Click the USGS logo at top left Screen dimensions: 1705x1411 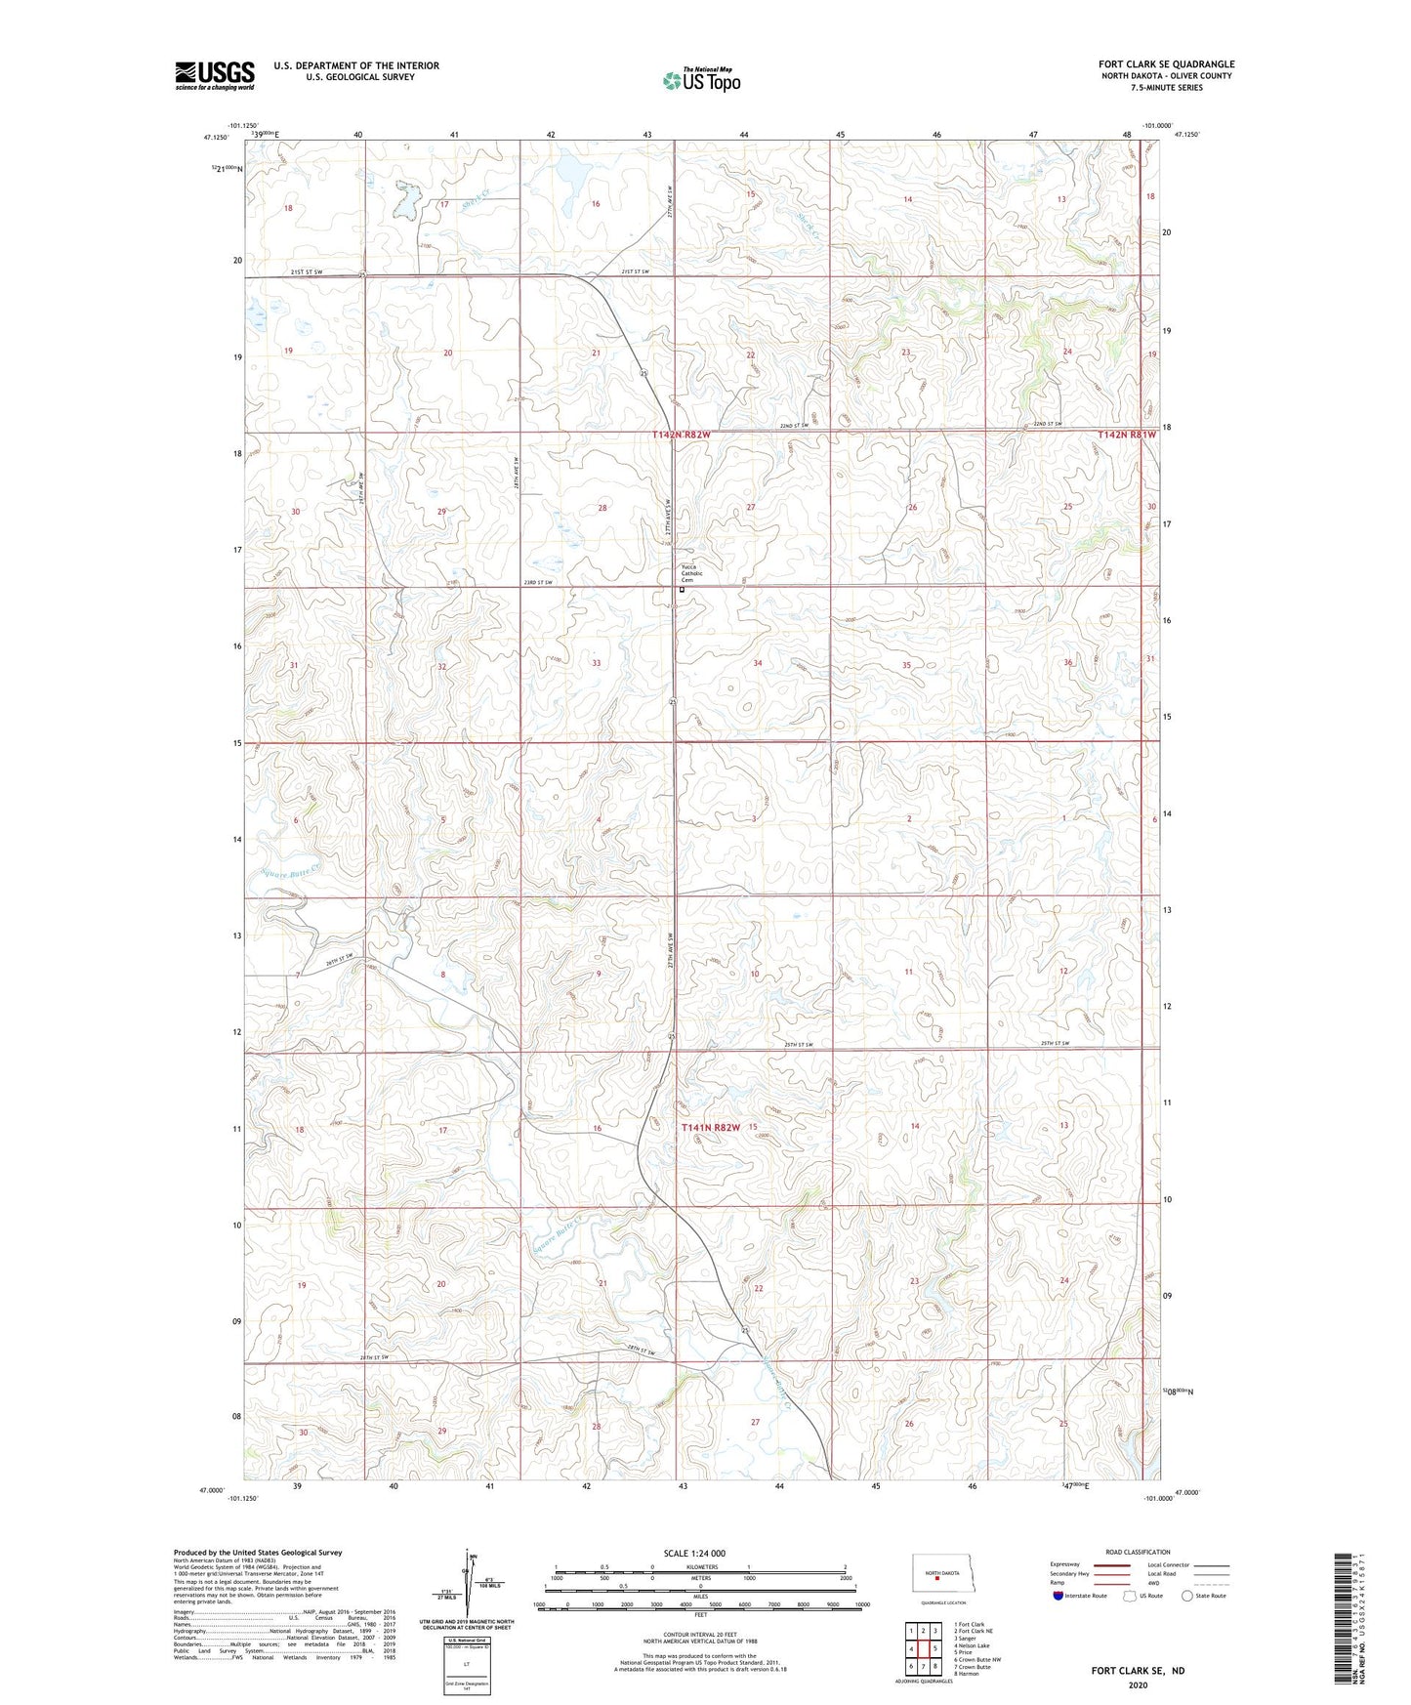pyautogui.click(x=214, y=75)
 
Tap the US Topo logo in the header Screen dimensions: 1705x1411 pyautogui.click(x=701, y=80)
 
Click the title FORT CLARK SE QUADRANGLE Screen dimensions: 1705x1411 pyautogui.click(x=1166, y=64)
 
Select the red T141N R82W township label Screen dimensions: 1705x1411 pyautogui.click(x=710, y=1127)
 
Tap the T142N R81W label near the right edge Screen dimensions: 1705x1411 pyautogui.click(x=1126, y=434)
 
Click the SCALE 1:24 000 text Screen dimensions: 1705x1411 pyautogui.click(x=692, y=1553)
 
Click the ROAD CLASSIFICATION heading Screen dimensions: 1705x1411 pyautogui.click(x=1138, y=1552)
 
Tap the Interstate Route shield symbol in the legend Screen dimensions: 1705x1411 pyautogui.click(x=1059, y=1596)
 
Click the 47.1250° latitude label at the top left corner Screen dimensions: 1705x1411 pyautogui.click(x=217, y=138)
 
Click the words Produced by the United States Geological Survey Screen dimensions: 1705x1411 pyautogui.click(x=257, y=1553)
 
